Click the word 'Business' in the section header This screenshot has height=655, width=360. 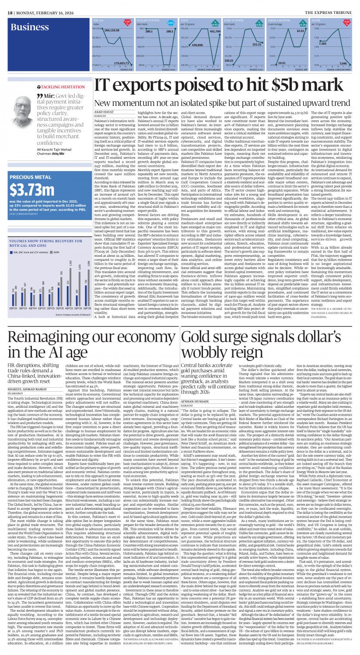(30, 27)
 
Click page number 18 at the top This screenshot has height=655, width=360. (10, 4)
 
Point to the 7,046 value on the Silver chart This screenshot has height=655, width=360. (346, 63)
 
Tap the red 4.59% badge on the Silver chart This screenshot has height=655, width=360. (346, 21)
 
